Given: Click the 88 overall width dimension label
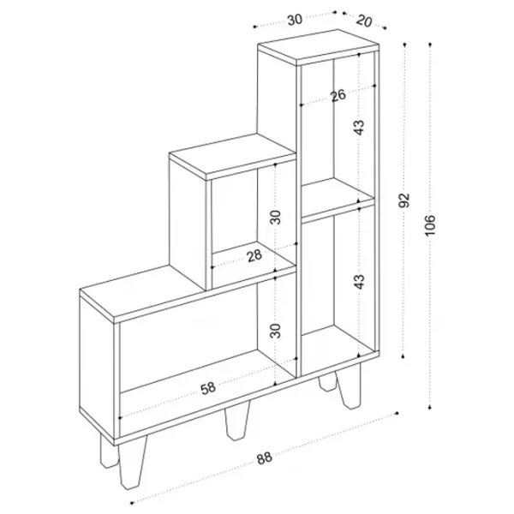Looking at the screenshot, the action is coord(264,457).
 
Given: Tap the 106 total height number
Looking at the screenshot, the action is coord(430,225).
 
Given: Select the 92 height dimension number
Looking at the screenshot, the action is coord(404,200).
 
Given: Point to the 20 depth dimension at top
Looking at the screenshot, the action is coord(364,21).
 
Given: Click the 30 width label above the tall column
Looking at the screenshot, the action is coord(295,20).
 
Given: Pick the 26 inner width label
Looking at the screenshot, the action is coord(338,95).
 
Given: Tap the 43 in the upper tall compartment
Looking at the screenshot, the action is coord(360,128).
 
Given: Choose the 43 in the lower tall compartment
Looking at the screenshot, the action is coord(360,282).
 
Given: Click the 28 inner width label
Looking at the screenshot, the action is coord(254,256).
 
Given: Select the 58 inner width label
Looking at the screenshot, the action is coord(208,388).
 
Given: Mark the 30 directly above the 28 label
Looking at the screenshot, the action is coord(276,217).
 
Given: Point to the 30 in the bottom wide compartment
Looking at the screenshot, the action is coord(276,331).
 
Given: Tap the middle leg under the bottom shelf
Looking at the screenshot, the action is coord(236,421).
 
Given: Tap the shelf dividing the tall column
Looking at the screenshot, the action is coord(338,199).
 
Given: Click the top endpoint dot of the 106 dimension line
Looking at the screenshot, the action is coord(430,44).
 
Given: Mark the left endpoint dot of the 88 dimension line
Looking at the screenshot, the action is coord(132,503).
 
